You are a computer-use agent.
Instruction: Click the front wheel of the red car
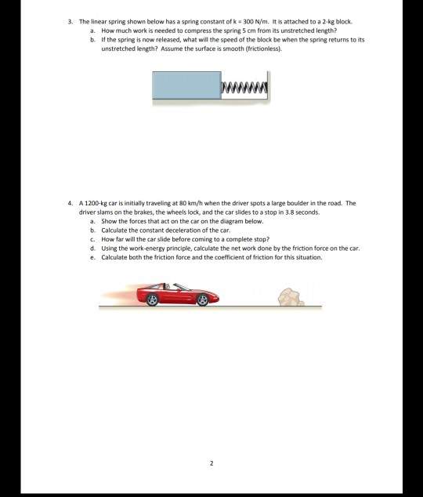(202, 299)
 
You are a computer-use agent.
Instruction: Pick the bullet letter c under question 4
(93, 238)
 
